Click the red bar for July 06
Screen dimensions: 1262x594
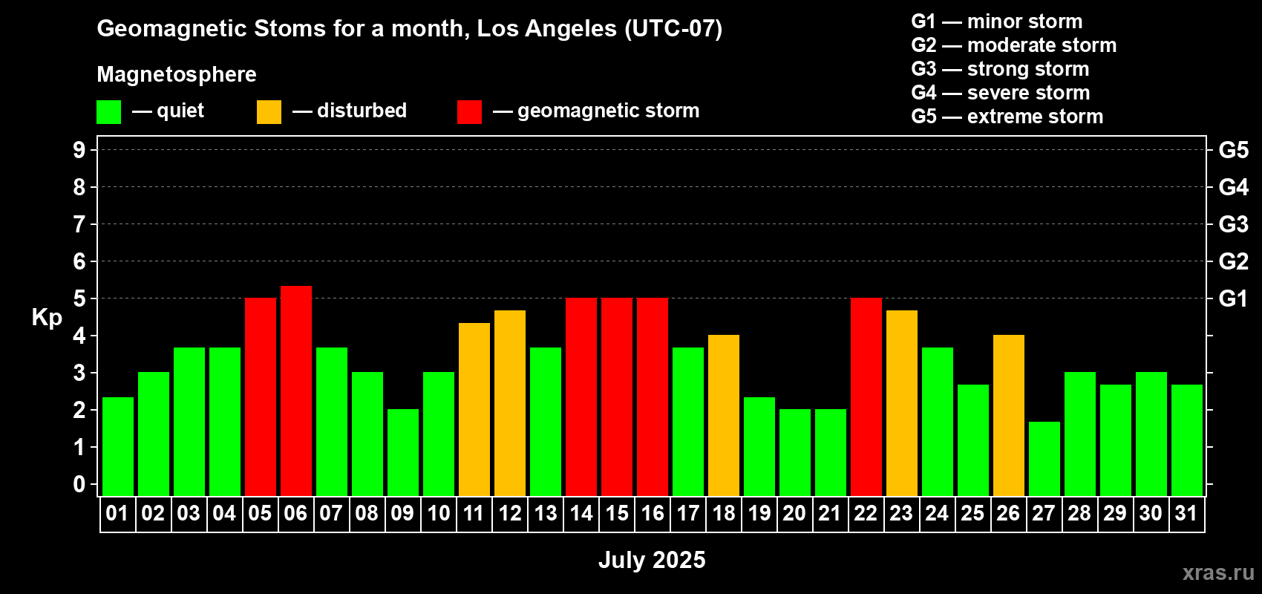(x=295, y=391)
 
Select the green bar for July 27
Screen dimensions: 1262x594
(x=1044, y=459)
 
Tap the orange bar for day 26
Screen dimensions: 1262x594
(x=1008, y=415)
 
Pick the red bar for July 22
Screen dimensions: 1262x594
(x=866, y=396)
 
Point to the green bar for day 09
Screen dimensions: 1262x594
(x=403, y=452)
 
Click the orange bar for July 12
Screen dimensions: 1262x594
(x=510, y=403)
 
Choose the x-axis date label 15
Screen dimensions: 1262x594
(x=617, y=513)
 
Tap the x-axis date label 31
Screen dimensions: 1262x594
(x=1186, y=513)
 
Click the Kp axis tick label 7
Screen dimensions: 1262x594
(x=79, y=224)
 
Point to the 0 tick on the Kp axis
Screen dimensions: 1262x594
(x=79, y=484)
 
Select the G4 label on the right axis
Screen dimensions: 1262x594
(x=1233, y=187)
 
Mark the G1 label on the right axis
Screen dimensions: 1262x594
(x=1233, y=298)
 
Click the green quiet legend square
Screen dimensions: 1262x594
(x=108, y=111)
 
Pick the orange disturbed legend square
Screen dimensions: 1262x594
(x=269, y=111)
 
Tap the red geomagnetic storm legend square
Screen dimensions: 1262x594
(x=469, y=111)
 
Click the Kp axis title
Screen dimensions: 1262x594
(x=47, y=317)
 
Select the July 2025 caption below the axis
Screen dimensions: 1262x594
(x=652, y=560)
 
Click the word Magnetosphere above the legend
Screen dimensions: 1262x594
(x=177, y=74)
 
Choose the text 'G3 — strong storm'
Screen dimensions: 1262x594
(x=1000, y=69)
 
